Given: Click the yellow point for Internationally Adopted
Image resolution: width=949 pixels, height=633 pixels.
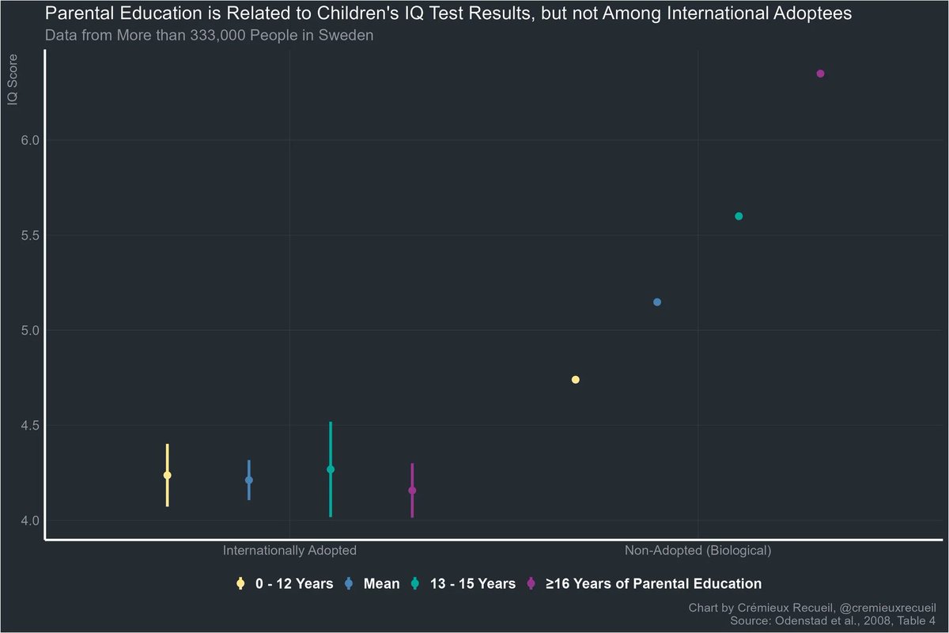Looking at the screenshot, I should pyautogui.click(x=167, y=475).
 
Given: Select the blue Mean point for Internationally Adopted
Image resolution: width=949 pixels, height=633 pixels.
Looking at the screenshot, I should pyautogui.click(x=249, y=480).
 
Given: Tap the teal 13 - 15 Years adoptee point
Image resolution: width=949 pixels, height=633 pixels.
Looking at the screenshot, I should pyautogui.click(x=331, y=469).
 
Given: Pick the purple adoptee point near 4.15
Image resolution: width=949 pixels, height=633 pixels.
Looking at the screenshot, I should pyautogui.click(x=412, y=491).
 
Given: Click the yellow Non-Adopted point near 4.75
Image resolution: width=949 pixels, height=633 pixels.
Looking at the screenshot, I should pyautogui.click(x=576, y=380).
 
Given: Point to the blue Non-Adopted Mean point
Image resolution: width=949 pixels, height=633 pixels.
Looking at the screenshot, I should pyautogui.click(x=657, y=302).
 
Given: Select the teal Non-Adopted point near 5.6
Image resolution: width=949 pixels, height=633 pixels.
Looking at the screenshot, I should pyautogui.click(x=739, y=216).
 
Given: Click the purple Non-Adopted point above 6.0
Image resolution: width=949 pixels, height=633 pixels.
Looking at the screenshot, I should pyautogui.click(x=820, y=74).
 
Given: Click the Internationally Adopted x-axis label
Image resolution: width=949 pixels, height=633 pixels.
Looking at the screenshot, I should pyautogui.click(x=289, y=550).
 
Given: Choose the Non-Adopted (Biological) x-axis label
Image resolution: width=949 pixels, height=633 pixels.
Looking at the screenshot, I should pyautogui.click(x=698, y=550).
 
